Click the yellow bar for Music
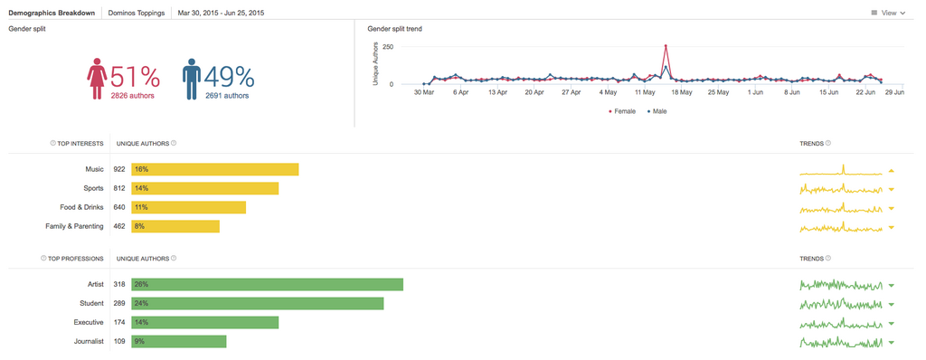214,169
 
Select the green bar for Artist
267,284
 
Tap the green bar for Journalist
178,341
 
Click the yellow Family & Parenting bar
175,226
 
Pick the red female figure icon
97,80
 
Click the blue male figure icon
191,80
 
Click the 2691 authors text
227,95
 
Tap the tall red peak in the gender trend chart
666,46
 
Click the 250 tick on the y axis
388,46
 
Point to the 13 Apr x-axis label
497,91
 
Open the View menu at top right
887,14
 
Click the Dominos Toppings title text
136,14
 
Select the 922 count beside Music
118,169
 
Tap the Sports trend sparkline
840,188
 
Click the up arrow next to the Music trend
891,170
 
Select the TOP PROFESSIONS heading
76,258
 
